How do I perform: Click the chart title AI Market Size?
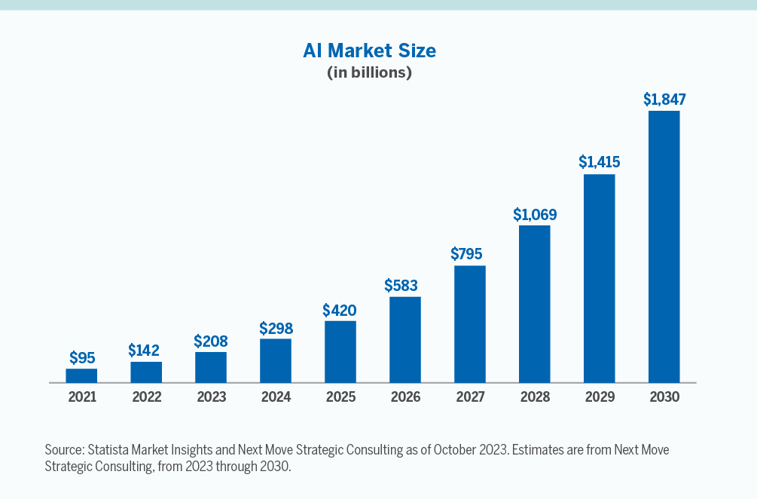(369, 51)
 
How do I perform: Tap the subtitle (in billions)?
(369, 73)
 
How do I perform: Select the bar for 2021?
(81, 375)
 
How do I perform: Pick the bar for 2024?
(276, 360)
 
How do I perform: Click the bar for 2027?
(469, 324)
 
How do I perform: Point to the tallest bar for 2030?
(664, 246)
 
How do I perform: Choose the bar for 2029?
(599, 278)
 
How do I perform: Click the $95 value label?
(81, 357)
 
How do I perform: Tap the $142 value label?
(146, 351)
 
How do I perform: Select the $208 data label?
(211, 341)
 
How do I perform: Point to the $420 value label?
(340, 310)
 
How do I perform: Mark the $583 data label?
(404, 286)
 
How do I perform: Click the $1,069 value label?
(534, 214)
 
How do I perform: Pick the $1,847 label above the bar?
(664, 99)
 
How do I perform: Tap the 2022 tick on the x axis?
(146, 397)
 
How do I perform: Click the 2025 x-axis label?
(340, 397)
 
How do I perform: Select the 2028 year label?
(534, 397)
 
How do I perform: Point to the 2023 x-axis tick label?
(211, 397)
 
